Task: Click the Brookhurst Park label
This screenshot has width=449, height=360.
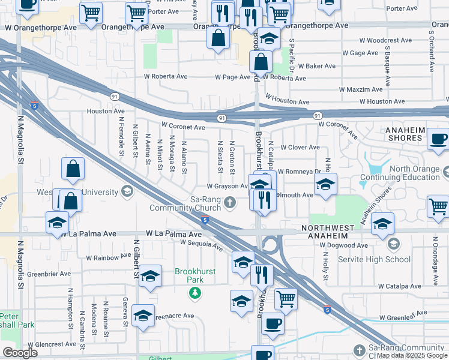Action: [195, 276]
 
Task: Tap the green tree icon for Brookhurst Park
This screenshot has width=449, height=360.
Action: [194, 293]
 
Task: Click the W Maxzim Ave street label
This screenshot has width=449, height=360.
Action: [361, 89]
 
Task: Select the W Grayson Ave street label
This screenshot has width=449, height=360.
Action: [228, 186]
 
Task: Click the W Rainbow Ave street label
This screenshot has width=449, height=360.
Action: [108, 257]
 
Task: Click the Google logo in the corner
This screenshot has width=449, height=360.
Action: [20, 353]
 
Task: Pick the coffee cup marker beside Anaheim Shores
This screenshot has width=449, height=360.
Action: [438, 140]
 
